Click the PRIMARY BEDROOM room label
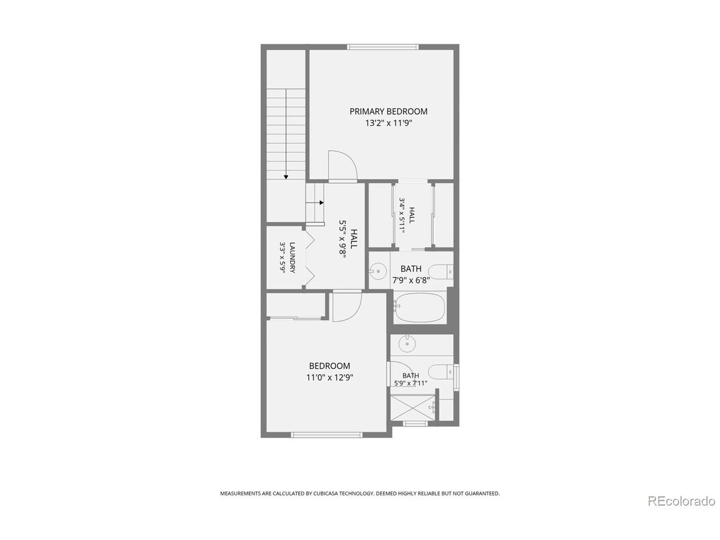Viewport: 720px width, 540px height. [x=388, y=111]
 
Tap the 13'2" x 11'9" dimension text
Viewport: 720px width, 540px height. [x=388, y=123]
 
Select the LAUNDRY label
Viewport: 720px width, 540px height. [x=292, y=258]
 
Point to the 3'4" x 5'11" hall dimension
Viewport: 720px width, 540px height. [x=402, y=215]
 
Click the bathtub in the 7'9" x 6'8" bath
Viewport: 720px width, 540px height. [x=420, y=308]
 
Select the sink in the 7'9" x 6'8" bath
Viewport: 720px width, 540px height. [x=377, y=271]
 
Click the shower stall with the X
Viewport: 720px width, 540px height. [x=413, y=408]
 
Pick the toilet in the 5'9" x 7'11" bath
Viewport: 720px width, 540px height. [x=441, y=372]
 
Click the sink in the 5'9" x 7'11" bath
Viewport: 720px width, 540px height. [x=407, y=344]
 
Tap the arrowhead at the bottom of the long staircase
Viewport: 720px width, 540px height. [x=286, y=177]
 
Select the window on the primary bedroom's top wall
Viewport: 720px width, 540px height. [x=383, y=47]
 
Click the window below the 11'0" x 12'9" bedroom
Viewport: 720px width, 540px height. [x=327, y=435]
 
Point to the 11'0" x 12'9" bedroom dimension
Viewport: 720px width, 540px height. [x=330, y=377]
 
